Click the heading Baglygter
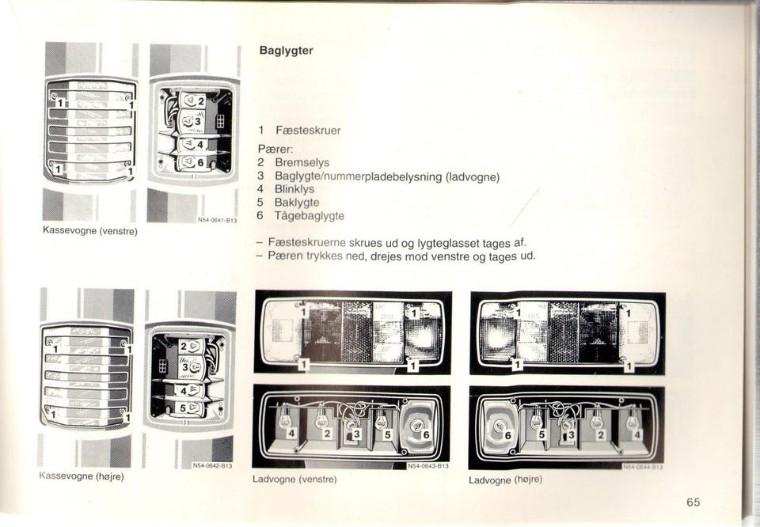[287, 51]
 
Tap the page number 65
[693, 502]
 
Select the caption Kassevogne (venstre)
[90, 231]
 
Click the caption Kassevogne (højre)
[82, 476]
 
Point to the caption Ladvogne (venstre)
[294, 480]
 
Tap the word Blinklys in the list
[294, 189]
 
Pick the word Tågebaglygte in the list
[309, 215]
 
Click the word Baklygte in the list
[295, 203]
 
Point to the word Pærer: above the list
[275, 148]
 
